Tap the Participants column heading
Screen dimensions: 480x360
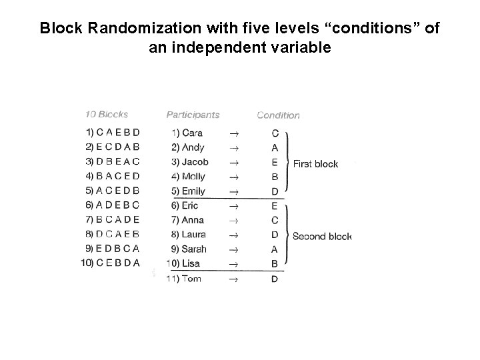click(193, 115)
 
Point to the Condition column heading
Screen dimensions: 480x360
click(278, 115)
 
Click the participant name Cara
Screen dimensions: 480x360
click(192, 133)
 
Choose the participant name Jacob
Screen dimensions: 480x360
click(195, 162)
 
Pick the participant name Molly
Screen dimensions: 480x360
click(193, 177)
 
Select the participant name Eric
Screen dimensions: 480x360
click(190, 206)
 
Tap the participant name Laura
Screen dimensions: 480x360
click(193, 235)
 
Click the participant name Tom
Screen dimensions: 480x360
click(191, 279)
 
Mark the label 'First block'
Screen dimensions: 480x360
click(315, 164)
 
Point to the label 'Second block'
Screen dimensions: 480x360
click(322, 236)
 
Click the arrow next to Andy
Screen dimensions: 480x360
click(233, 148)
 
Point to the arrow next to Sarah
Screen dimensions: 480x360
click(233, 249)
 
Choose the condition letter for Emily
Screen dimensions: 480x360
click(275, 191)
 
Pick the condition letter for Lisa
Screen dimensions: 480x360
click(275, 264)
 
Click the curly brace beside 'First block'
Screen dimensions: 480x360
click(288, 163)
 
